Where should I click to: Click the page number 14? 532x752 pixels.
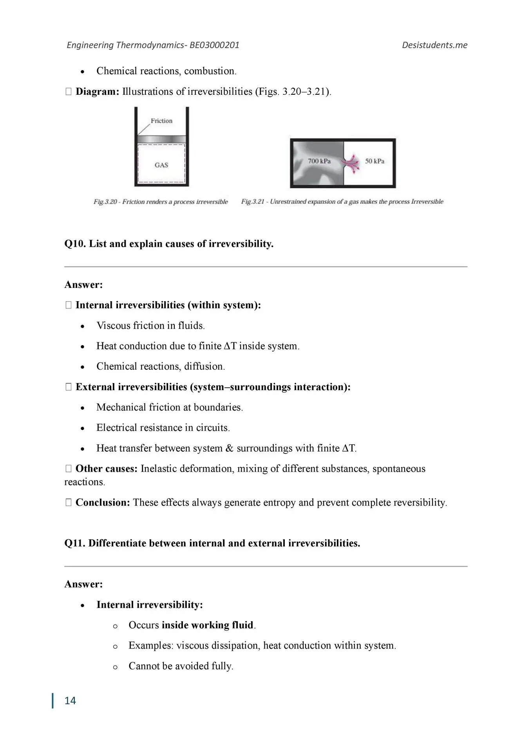coord(70,700)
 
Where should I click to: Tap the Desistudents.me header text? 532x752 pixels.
coord(434,45)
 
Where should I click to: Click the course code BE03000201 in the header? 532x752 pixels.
coord(214,45)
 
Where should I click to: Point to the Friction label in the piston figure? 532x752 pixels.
coord(161,121)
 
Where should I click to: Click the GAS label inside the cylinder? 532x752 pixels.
coord(161,165)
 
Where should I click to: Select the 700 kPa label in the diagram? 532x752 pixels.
coord(319,161)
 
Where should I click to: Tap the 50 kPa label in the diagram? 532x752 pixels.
coord(375,161)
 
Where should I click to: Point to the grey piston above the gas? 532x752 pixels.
coord(161,139)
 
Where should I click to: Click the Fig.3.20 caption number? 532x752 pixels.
coord(105,202)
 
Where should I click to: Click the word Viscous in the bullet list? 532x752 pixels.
coord(113,325)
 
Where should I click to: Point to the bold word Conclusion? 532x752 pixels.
coord(102,503)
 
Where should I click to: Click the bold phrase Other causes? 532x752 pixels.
coord(106,468)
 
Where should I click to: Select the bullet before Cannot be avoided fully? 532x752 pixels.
coord(115,667)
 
